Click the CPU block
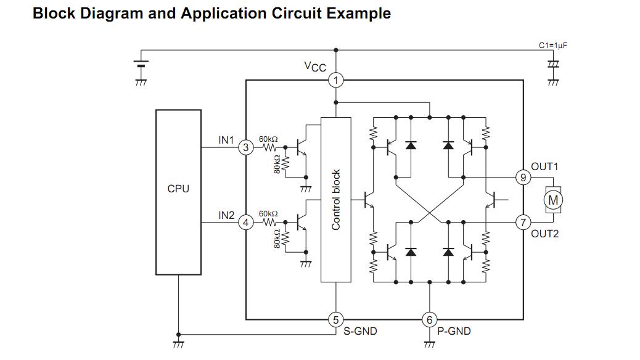(178, 192)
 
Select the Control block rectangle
(335, 200)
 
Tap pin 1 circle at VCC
(335, 80)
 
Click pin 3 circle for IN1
(245, 148)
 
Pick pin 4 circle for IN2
(245, 222)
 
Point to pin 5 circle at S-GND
(335, 319)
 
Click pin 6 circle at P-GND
(429, 319)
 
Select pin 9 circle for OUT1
(523, 178)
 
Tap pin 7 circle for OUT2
(523, 222)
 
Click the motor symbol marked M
(553, 200)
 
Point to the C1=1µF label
(552, 46)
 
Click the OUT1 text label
(544, 166)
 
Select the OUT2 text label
(544, 234)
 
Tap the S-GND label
(360, 332)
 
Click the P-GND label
(454, 332)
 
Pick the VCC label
(315, 67)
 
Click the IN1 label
(226, 141)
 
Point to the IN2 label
(226, 215)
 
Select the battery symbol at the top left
(141, 65)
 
